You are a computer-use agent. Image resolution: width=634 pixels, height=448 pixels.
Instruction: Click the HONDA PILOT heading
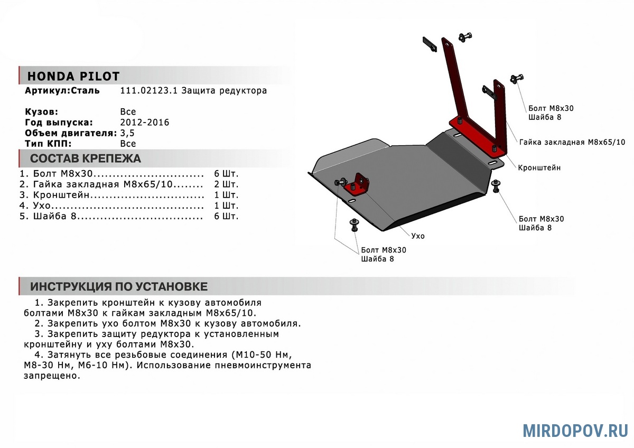73,77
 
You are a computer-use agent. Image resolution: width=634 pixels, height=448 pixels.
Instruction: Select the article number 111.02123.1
149,90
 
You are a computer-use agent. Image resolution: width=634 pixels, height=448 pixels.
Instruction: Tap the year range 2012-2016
145,123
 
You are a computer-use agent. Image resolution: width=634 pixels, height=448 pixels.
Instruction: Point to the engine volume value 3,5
127,133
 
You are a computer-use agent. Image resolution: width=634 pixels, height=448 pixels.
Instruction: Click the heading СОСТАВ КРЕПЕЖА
86,158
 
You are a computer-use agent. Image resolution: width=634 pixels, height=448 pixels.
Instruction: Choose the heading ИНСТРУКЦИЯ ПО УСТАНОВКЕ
119,287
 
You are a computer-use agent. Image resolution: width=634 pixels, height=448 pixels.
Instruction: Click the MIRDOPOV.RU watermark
575,431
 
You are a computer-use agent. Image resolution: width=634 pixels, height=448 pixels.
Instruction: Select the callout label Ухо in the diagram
418,236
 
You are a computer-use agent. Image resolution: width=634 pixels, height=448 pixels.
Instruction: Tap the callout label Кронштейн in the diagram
539,168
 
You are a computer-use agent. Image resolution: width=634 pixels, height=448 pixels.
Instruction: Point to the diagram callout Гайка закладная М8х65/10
572,142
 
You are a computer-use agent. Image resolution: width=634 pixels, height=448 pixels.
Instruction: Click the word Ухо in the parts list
42,206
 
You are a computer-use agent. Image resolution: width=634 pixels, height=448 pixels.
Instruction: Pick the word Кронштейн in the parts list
61,195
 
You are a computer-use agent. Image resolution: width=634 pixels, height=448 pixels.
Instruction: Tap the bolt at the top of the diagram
465,37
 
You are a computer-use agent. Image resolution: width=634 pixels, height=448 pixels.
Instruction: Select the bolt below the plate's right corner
496,185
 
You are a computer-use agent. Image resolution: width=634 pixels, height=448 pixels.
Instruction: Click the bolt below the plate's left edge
355,225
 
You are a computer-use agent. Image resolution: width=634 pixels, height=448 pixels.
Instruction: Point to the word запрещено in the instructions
52,376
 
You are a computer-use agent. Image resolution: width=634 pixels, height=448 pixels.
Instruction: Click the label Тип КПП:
48,144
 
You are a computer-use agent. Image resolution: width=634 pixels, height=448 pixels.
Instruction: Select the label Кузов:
41,112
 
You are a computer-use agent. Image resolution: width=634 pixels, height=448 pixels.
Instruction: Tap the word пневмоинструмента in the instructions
263,366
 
